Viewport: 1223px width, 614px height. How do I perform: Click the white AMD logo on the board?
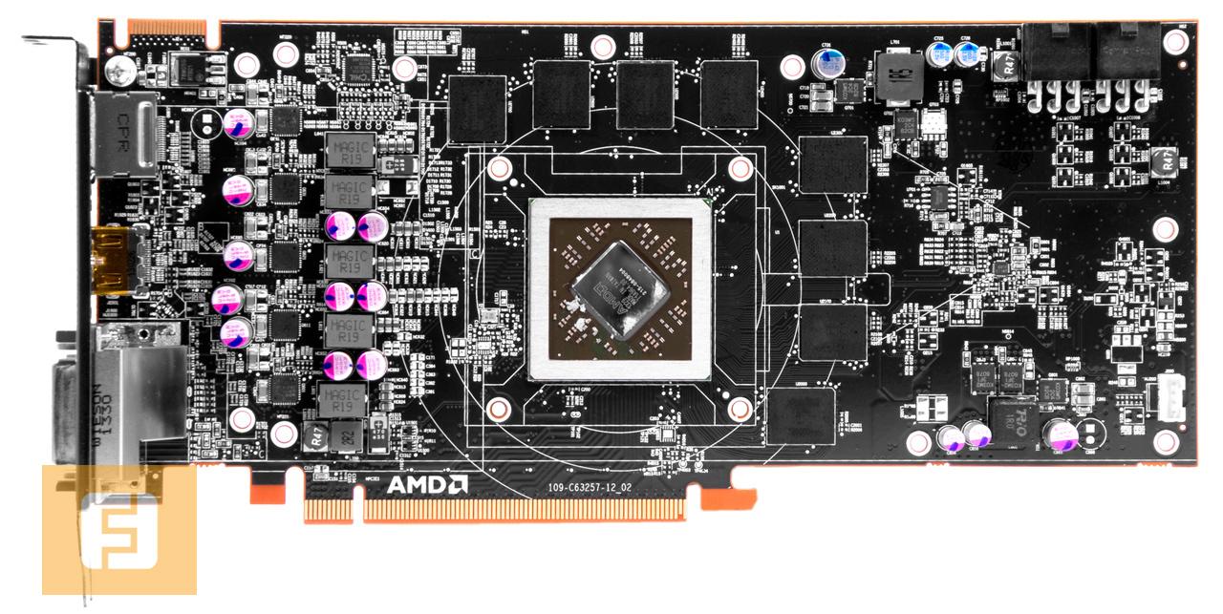[x=427, y=485]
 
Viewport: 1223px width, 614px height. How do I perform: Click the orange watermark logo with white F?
[x=118, y=531]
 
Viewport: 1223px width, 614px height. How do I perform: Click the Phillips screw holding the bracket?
[x=119, y=68]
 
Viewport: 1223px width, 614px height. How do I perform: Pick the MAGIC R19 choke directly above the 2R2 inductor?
[x=341, y=398]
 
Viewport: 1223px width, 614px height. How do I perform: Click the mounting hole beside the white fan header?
[x=1167, y=442]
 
